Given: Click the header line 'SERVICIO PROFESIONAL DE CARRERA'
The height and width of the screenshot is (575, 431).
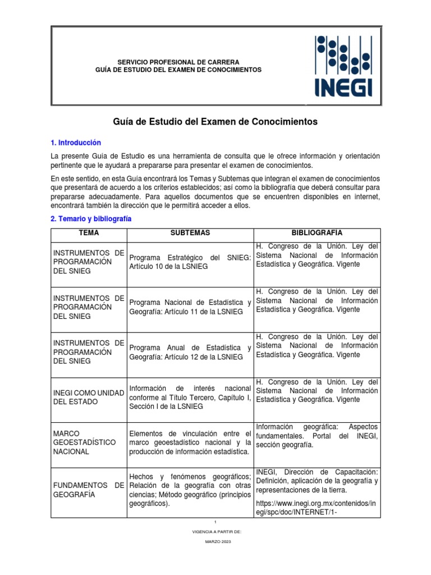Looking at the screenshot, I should tap(178, 61).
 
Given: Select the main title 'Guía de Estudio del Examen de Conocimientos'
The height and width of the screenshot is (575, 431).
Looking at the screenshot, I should tap(215, 121).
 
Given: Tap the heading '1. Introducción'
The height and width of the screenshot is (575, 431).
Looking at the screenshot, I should tap(76, 143).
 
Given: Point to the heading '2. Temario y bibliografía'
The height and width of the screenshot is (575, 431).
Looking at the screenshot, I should tap(91, 219).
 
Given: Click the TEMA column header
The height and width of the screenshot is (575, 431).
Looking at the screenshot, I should tap(89, 233).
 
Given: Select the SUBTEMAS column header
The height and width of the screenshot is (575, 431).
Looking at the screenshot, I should tap(190, 233).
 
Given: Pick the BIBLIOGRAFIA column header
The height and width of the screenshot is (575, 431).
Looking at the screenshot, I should tap(317, 233).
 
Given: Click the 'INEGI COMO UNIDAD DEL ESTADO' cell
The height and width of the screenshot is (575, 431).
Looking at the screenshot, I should tap(89, 397).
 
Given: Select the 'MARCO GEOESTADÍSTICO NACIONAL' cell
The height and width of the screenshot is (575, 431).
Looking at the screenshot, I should tap(89, 442).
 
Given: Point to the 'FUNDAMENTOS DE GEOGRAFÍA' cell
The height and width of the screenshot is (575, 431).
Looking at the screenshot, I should tap(89, 489).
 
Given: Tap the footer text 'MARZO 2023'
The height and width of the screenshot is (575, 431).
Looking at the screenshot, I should tap(215, 542).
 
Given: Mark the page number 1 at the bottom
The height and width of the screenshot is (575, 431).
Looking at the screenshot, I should tap(215, 522).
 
